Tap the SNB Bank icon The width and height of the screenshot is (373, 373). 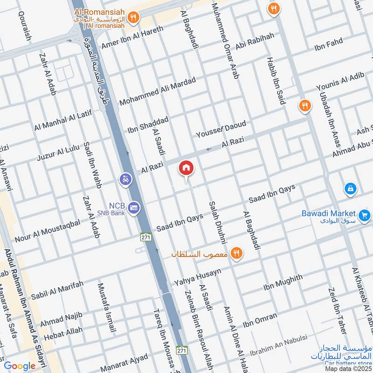pyautogui.click(x=134, y=206)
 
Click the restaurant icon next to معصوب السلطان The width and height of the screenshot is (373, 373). pyautogui.click(x=237, y=253)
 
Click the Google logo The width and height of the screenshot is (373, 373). pyautogui.click(x=20, y=365)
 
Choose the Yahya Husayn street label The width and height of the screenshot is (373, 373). pyautogui.click(x=198, y=277)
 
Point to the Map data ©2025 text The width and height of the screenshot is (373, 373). pyautogui.click(x=348, y=368)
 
